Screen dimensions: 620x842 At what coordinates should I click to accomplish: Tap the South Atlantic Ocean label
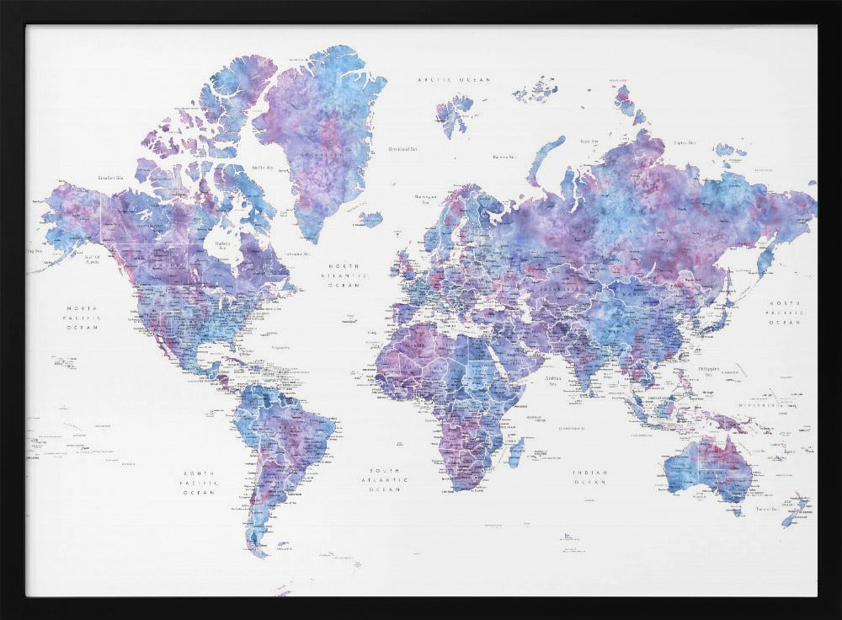coord(387,479)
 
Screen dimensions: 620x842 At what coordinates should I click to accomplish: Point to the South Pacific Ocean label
coord(200,482)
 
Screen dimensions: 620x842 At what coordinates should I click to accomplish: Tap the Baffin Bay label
coord(264,168)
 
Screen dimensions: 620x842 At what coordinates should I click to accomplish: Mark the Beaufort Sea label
coord(110,178)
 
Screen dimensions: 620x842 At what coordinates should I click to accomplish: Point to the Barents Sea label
coord(504,156)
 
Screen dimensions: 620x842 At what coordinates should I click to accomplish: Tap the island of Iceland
coord(370,219)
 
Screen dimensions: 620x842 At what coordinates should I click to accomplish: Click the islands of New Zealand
coord(797,510)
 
